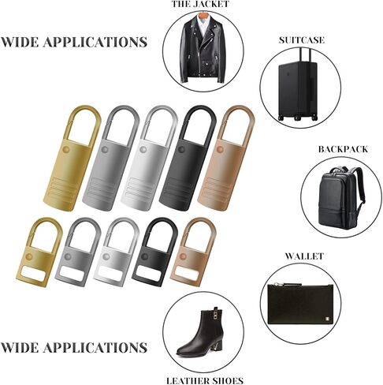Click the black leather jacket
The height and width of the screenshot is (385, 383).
click(x=203, y=50)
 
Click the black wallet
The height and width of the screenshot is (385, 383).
click(x=300, y=304)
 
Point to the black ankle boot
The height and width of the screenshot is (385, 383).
click(x=201, y=335)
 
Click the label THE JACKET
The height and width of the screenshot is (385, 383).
click(x=200, y=4)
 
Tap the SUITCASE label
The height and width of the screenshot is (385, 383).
click(x=302, y=40)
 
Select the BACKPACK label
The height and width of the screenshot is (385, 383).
click(x=343, y=149)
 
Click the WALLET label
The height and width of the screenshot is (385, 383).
click(x=304, y=256)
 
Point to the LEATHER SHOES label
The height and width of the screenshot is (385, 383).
click(x=205, y=380)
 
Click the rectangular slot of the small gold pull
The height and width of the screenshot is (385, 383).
click(x=35, y=274)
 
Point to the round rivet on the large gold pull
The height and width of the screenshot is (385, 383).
click(x=66, y=150)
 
